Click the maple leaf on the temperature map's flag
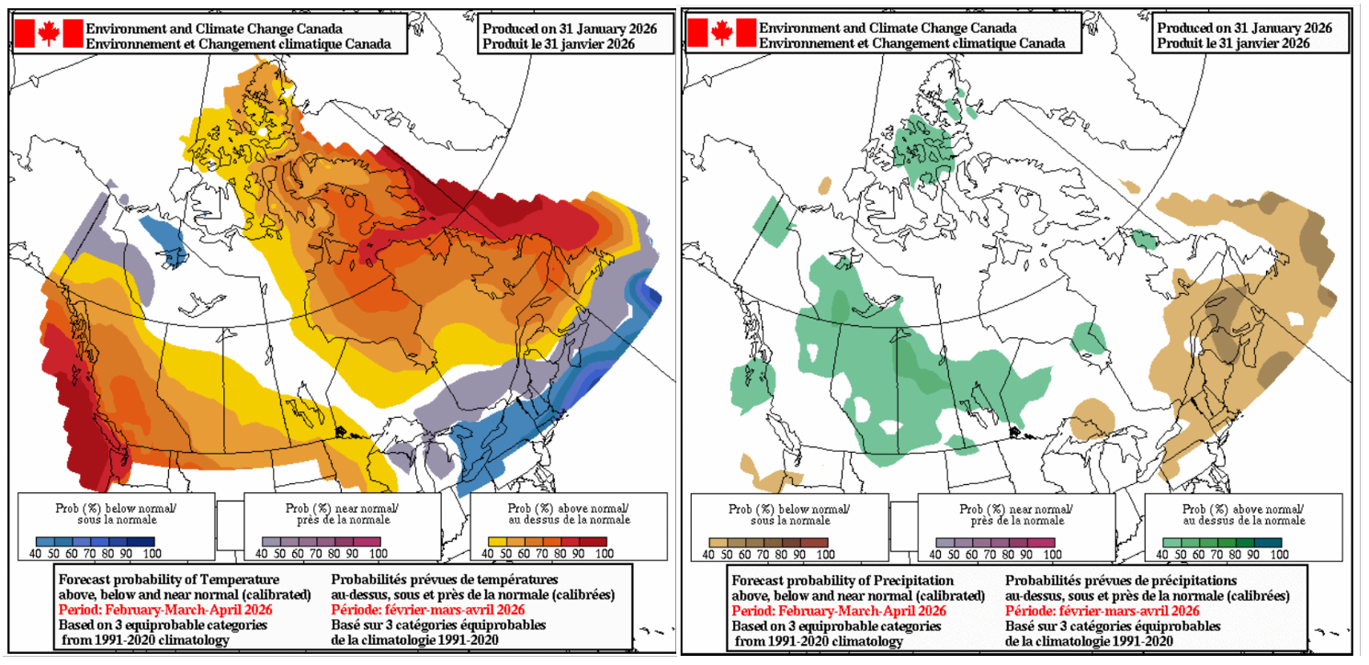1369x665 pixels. point(49,34)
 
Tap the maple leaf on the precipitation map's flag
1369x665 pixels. point(722,33)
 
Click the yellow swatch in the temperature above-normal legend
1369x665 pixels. point(497,542)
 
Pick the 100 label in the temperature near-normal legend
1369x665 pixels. point(377,554)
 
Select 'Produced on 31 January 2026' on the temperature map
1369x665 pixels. point(570,28)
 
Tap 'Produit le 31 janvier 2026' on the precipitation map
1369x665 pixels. point(1232,43)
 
